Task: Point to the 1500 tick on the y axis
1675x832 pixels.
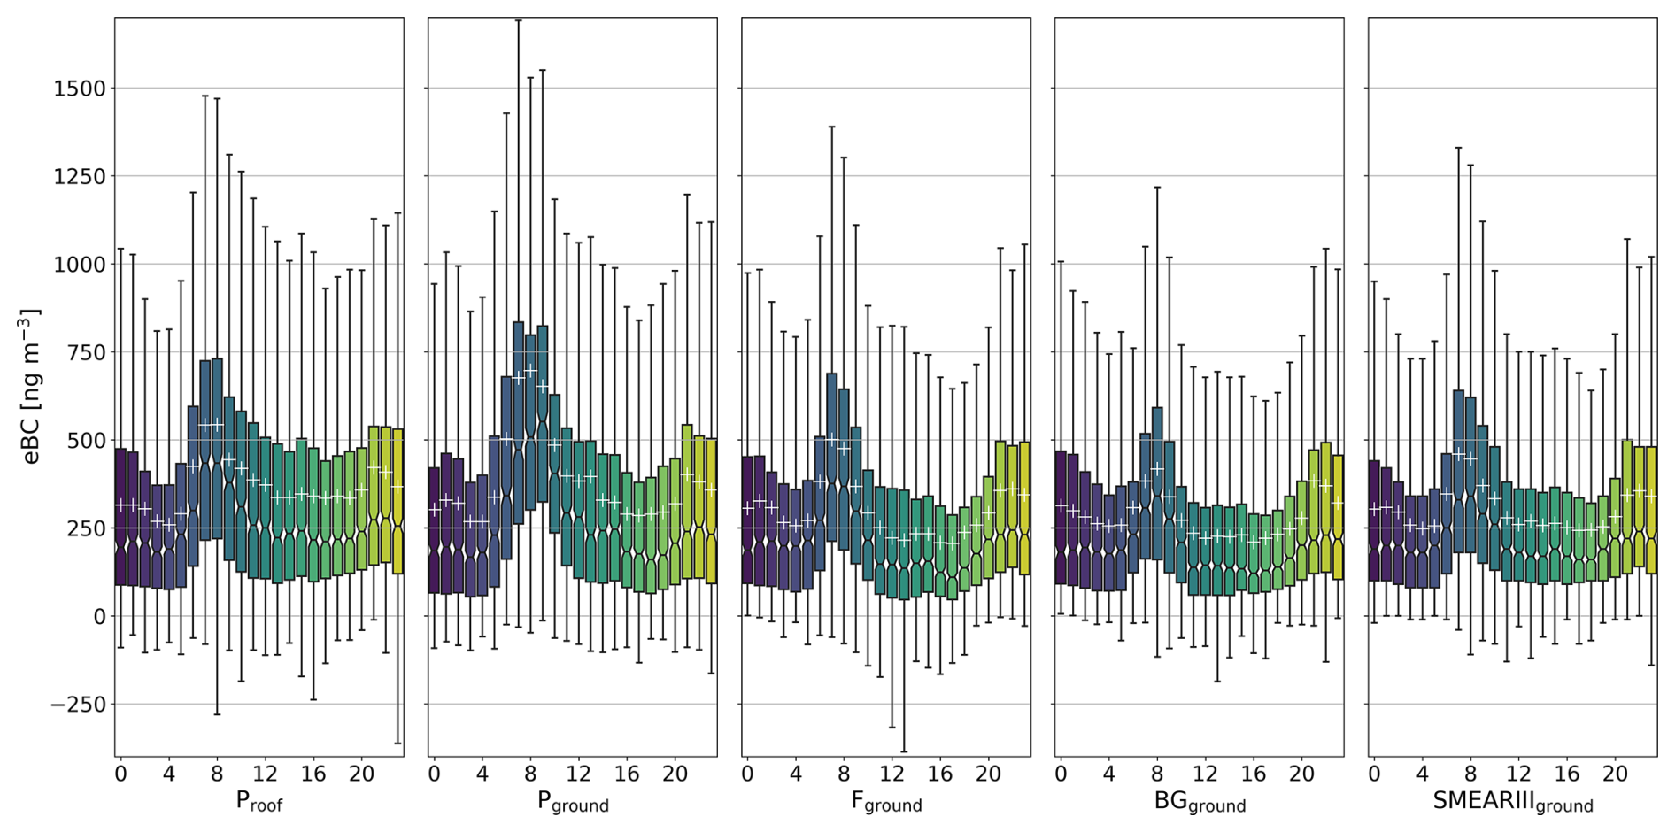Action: [79, 89]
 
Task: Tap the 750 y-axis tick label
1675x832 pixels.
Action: [85, 352]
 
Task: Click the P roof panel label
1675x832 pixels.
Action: [259, 802]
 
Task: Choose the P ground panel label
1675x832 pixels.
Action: [573, 802]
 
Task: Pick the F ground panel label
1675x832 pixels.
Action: [886, 802]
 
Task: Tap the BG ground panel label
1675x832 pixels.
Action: [1200, 802]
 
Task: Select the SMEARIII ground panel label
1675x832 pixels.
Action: [1512, 802]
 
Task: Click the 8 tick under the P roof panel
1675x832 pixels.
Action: [217, 774]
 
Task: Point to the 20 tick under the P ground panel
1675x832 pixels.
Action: [675, 774]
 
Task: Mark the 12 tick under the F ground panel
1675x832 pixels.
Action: [892, 774]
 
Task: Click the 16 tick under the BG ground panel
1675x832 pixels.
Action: [1253, 774]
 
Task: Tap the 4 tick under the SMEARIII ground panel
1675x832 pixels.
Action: [1422, 774]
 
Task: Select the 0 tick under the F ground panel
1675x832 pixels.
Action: [747, 774]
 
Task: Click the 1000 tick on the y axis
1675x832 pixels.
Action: [79, 265]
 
